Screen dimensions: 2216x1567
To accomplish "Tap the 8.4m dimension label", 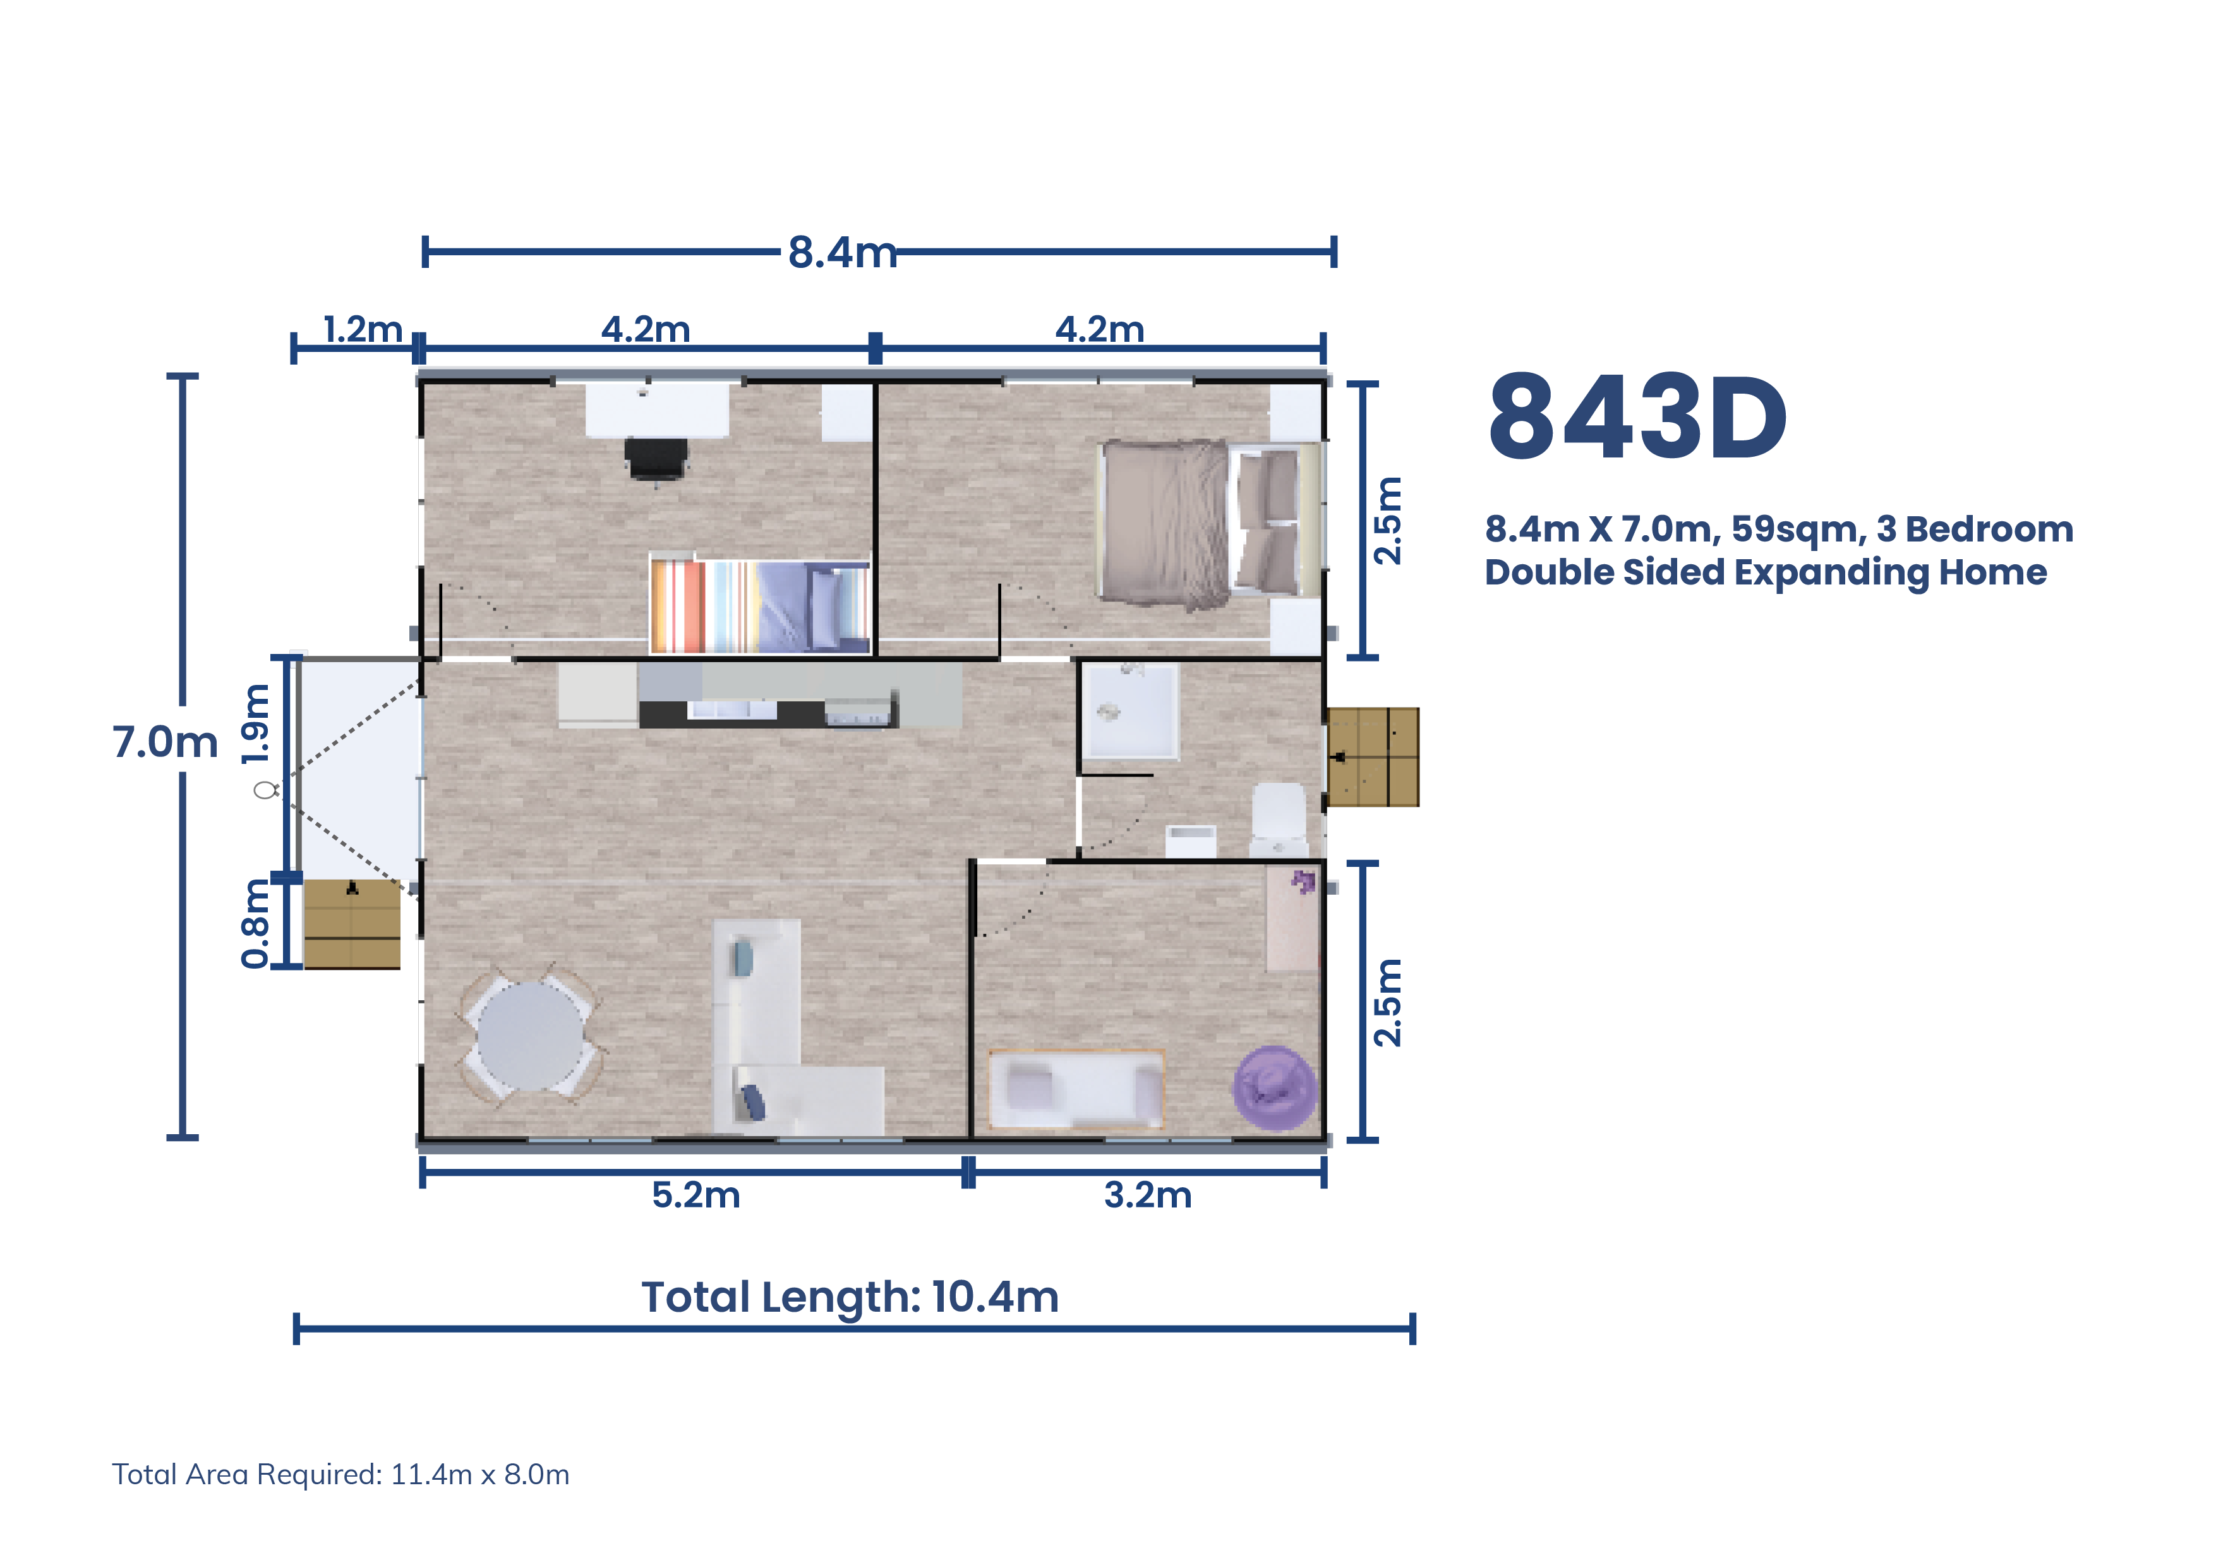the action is coord(841,252).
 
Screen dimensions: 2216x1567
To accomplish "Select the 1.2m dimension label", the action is coord(362,329).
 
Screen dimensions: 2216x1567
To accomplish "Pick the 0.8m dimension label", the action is coord(256,923).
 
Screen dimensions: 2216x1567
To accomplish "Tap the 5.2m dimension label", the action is coord(696,1195).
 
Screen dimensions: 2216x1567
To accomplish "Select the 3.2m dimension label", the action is coord(1148,1195).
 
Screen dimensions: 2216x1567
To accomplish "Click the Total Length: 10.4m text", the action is coord(850,1297).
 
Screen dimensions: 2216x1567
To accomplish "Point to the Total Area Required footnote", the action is coord(340,1474).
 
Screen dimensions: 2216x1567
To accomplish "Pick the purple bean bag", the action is coord(1275,1088).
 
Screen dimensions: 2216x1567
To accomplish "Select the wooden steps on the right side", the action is coord(1373,757).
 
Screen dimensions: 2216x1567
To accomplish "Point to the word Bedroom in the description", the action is coord(1989,529).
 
